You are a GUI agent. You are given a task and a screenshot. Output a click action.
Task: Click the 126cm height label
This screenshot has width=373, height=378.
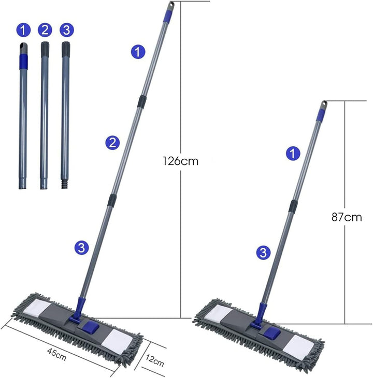(x=180, y=161)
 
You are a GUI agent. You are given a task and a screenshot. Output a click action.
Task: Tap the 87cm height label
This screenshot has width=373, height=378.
(x=347, y=217)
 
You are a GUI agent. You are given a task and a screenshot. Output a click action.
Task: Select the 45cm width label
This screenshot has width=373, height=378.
(x=56, y=354)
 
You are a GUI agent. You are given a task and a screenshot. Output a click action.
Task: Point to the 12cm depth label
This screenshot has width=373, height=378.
(x=154, y=360)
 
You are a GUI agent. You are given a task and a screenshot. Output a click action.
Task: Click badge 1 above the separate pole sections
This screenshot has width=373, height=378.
(x=23, y=31)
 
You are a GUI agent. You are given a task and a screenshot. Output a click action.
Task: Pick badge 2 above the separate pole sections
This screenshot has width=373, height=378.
(x=45, y=30)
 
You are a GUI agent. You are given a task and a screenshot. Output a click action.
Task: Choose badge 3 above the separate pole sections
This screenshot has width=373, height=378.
(x=67, y=30)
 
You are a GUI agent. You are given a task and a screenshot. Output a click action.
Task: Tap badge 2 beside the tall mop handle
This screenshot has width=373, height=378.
(x=112, y=143)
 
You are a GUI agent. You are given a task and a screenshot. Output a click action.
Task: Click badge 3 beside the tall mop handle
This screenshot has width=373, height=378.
(x=81, y=248)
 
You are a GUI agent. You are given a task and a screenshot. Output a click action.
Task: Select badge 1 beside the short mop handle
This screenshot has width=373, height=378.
(x=293, y=154)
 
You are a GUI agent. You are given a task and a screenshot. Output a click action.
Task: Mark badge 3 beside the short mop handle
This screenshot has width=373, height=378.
(x=263, y=253)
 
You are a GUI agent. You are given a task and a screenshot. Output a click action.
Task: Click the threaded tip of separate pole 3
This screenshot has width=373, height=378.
(x=64, y=184)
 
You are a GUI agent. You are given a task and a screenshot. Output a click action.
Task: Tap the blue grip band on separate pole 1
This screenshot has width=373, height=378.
(x=23, y=61)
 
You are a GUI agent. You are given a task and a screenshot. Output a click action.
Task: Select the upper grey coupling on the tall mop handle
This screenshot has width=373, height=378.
(x=142, y=102)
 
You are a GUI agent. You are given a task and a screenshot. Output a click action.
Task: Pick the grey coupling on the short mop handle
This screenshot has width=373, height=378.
(x=293, y=206)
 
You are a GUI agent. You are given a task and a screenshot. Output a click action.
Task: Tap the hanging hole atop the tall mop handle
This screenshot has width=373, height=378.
(x=171, y=5)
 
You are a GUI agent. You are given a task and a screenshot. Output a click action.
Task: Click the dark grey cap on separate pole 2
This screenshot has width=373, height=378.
(x=45, y=50)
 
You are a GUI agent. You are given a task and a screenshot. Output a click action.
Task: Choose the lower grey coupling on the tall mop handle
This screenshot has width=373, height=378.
(x=112, y=200)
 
